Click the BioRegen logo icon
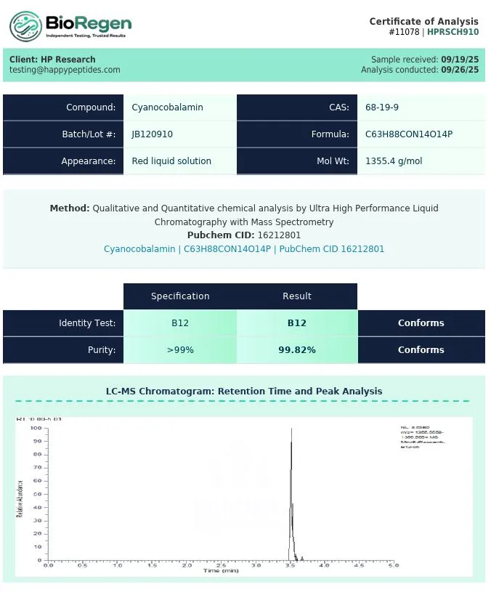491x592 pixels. coord(25,27)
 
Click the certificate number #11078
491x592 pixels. coord(405,32)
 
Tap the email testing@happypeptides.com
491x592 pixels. coord(65,70)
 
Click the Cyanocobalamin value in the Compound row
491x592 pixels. coord(167,108)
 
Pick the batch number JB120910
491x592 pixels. coord(152,134)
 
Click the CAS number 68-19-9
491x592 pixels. coord(382,108)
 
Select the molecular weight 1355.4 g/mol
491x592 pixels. coord(394,161)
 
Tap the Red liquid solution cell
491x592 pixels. coord(171,161)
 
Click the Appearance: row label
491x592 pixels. coord(88,161)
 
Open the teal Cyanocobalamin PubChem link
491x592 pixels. coord(244,249)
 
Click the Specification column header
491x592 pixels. coord(180,296)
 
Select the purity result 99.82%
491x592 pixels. coord(297,350)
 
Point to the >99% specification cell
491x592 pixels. coord(180,350)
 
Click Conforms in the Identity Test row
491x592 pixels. coord(421,323)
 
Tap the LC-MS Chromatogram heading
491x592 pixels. coord(244,391)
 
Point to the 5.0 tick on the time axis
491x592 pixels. coord(393,564)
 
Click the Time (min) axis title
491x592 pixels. coord(221,571)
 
